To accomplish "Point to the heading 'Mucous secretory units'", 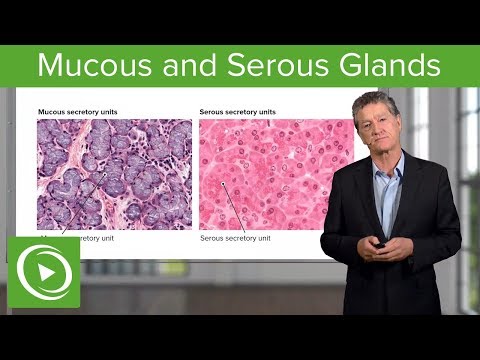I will [x=78, y=111].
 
